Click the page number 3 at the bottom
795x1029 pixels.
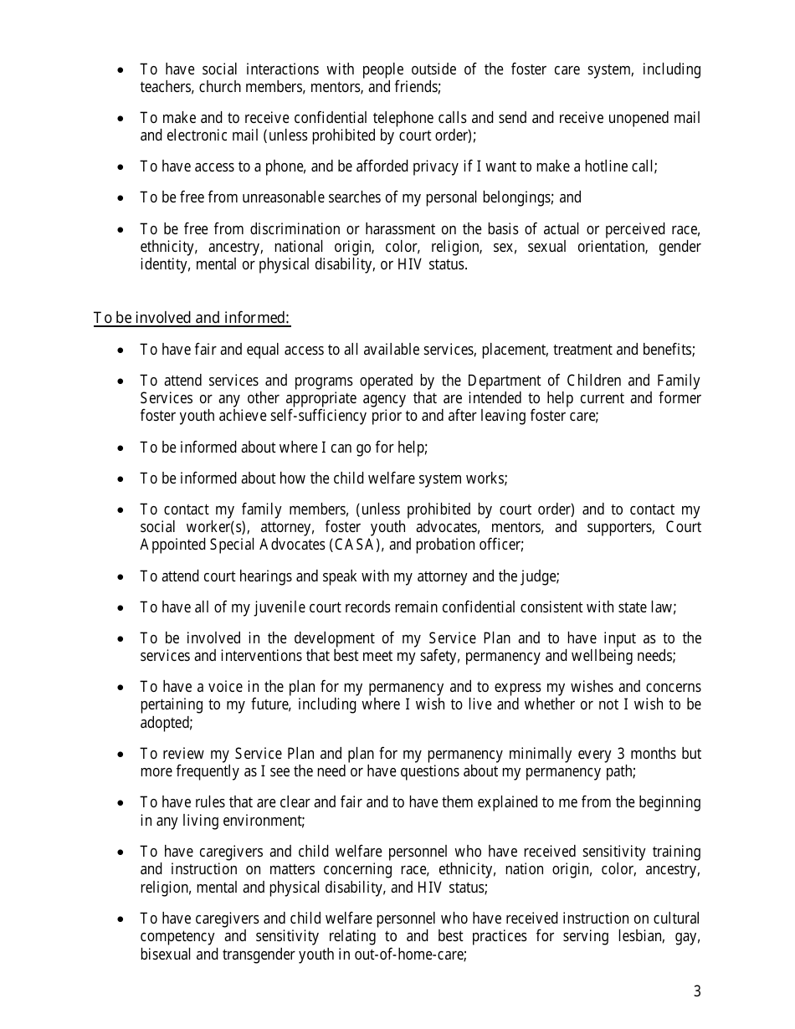(696, 992)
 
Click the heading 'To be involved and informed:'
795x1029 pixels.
(192, 318)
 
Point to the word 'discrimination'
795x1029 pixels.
(266, 229)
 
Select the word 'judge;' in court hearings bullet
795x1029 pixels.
(540, 576)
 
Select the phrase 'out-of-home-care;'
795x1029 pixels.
(416, 955)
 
